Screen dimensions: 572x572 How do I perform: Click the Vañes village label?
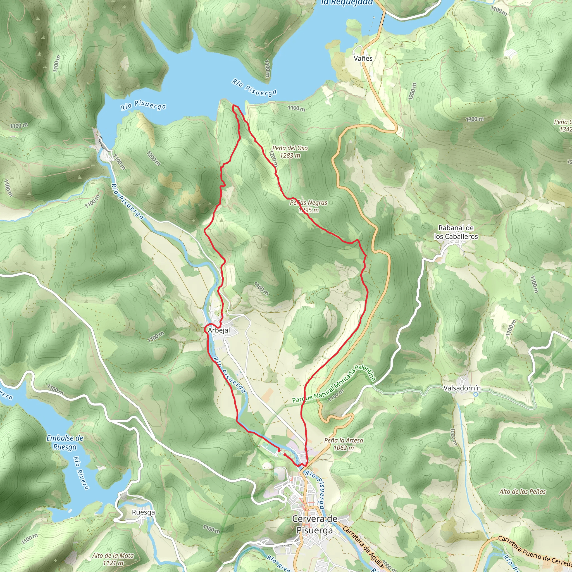click(x=363, y=58)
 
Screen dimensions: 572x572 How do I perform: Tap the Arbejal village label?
click(x=219, y=330)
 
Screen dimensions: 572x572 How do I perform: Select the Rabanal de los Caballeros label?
click(x=456, y=232)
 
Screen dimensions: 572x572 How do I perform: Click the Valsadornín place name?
click(x=462, y=388)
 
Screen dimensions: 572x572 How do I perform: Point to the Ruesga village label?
click(x=143, y=512)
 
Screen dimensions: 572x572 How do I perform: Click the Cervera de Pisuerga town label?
click(x=314, y=524)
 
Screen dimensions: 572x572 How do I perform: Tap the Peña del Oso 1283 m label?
click(x=290, y=152)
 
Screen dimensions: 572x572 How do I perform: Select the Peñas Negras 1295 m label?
click(x=309, y=206)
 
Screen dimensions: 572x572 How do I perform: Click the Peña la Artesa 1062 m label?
click(x=344, y=444)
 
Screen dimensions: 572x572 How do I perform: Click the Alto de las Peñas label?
click(x=523, y=492)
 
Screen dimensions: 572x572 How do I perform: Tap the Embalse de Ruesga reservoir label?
click(x=65, y=442)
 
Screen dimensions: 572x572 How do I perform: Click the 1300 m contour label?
click(x=475, y=119)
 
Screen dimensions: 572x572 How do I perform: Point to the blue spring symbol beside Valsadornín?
click(x=475, y=394)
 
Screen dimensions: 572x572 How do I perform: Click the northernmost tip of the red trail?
click(x=234, y=105)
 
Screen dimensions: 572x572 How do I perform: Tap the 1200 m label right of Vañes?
click(x=412, y=91)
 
